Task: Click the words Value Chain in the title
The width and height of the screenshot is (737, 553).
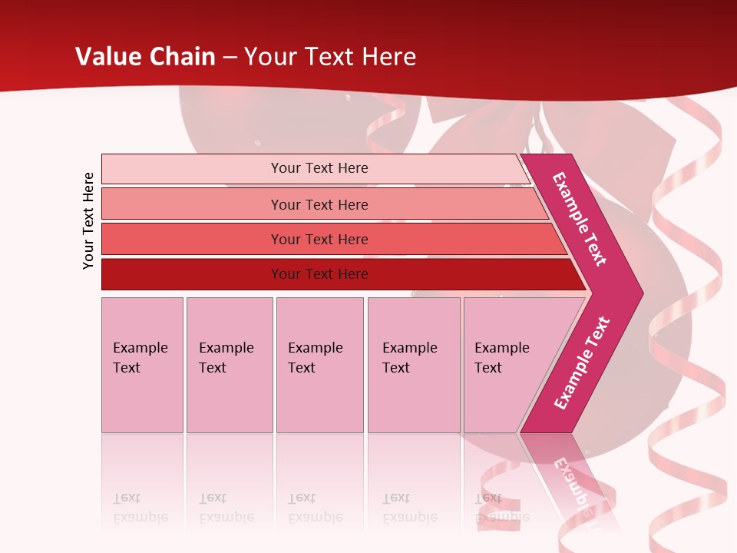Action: (145, 57)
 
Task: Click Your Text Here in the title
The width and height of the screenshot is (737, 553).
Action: (330, 57)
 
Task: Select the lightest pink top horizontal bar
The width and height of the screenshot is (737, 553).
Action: (192, 168)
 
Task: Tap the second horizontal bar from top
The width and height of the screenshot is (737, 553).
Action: (192, 204)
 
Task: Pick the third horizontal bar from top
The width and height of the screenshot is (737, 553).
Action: (192, 239)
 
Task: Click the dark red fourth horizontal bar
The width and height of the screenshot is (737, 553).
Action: (192, 274)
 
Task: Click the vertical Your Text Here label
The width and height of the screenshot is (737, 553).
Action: (88, 220)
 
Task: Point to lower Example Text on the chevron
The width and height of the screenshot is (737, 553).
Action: (582, 363)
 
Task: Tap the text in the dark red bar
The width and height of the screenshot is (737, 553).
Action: (319, 274)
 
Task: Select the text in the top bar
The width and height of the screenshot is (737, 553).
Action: (319, 168)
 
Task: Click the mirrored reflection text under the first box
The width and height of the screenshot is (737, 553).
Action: (140, 508)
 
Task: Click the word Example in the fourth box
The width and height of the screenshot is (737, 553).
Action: (409, 348)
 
